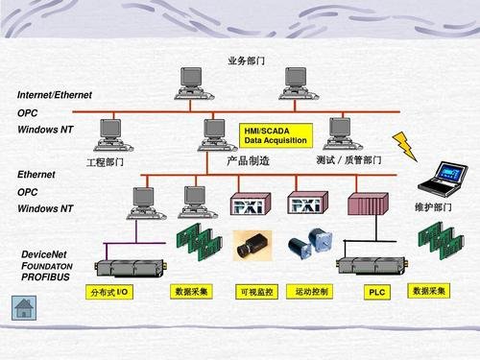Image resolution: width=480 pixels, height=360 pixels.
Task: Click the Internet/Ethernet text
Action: tap(55, 96)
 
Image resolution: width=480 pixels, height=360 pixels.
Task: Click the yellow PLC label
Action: tap(377, 292)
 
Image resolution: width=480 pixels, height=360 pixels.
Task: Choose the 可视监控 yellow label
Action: tap(255, 292)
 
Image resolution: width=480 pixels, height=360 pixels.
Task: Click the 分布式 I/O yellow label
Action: tap(109, 291)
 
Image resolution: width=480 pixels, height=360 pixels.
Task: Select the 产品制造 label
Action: tap(248, 161)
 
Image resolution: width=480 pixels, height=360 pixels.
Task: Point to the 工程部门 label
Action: tap(106, 162)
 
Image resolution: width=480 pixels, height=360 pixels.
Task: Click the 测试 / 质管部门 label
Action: tap(348, 160)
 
